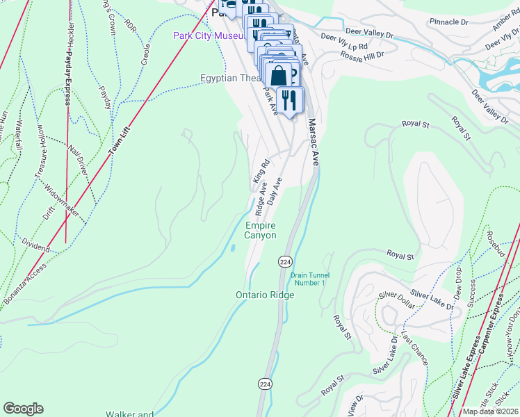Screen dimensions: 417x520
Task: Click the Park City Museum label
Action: (x=207, y=35)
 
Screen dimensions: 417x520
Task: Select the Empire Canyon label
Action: (x=261, y=230)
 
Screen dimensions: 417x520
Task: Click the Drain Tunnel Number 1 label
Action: (x=309, y=279)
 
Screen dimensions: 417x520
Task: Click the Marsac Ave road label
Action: (x=314, y=142)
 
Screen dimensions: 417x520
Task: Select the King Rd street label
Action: (x=261, y=173)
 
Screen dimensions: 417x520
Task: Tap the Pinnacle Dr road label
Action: (x=448, y=22)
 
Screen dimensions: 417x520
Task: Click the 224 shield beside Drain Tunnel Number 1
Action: (x=285, y=261)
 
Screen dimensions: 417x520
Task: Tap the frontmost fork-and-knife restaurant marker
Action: (x=290, y=100)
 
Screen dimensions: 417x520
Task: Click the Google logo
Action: (x=23, y=409)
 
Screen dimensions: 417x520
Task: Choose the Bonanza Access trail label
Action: (x=25, y=285)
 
